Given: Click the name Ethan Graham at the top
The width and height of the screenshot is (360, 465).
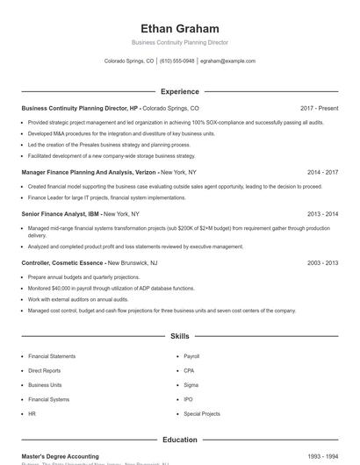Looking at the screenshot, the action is click(180, 29).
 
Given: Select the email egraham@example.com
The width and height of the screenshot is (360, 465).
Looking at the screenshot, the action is click(227, 61).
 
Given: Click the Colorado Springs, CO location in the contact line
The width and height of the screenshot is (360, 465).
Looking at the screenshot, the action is click(129, 61).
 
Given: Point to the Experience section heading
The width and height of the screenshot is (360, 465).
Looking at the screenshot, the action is click(180, 91).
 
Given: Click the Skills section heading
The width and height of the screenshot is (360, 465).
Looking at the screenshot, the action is click(180, 336).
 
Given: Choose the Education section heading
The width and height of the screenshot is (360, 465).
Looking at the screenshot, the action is click(180, 440).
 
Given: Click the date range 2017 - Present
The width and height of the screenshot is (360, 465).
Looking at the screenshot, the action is click(319, 108).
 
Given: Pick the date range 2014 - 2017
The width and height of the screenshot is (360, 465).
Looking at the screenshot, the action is click(322, 173).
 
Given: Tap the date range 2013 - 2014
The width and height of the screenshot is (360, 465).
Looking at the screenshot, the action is click(322, 213).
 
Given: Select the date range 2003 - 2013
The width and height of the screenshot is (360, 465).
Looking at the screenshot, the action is click(322, 262).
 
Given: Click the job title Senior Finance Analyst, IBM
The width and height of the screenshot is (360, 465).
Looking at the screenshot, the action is click(61, 213).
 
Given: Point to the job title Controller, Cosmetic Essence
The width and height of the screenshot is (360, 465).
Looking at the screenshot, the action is click(62, 262).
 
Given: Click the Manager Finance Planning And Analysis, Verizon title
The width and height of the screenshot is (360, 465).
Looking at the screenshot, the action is click(90, 173).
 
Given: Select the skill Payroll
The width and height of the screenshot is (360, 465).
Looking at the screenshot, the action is click(191, 356).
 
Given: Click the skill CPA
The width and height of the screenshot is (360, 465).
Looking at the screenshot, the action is click(189, 370).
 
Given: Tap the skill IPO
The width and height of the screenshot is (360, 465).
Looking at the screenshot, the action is click(188, 399).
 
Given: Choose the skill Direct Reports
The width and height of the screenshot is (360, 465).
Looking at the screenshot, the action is click(46, 370).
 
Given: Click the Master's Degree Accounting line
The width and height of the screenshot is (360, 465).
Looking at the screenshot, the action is click(60, 456).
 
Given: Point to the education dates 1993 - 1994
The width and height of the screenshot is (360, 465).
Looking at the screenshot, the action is click(322, 456).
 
